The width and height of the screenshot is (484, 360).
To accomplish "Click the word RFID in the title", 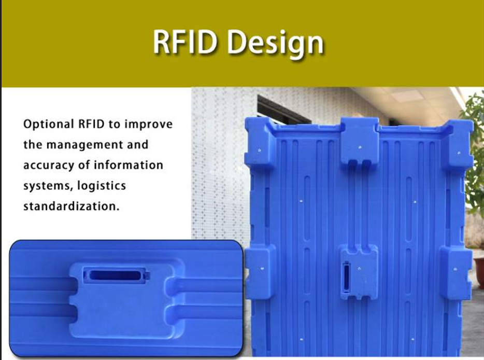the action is tap(184, 41).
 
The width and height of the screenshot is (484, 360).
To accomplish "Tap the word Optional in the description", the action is tap(49, 124).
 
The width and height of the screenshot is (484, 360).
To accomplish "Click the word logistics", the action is tap(102, 186).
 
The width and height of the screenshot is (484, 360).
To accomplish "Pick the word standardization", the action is tap(72, 206).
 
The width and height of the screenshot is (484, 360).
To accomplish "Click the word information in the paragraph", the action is tap(128, 165).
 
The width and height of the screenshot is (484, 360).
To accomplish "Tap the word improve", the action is tap(149, 124).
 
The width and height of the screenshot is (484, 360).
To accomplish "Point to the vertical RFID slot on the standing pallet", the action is tap(346, 277).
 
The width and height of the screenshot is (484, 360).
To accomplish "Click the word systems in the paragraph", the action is tap(47, 186).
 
